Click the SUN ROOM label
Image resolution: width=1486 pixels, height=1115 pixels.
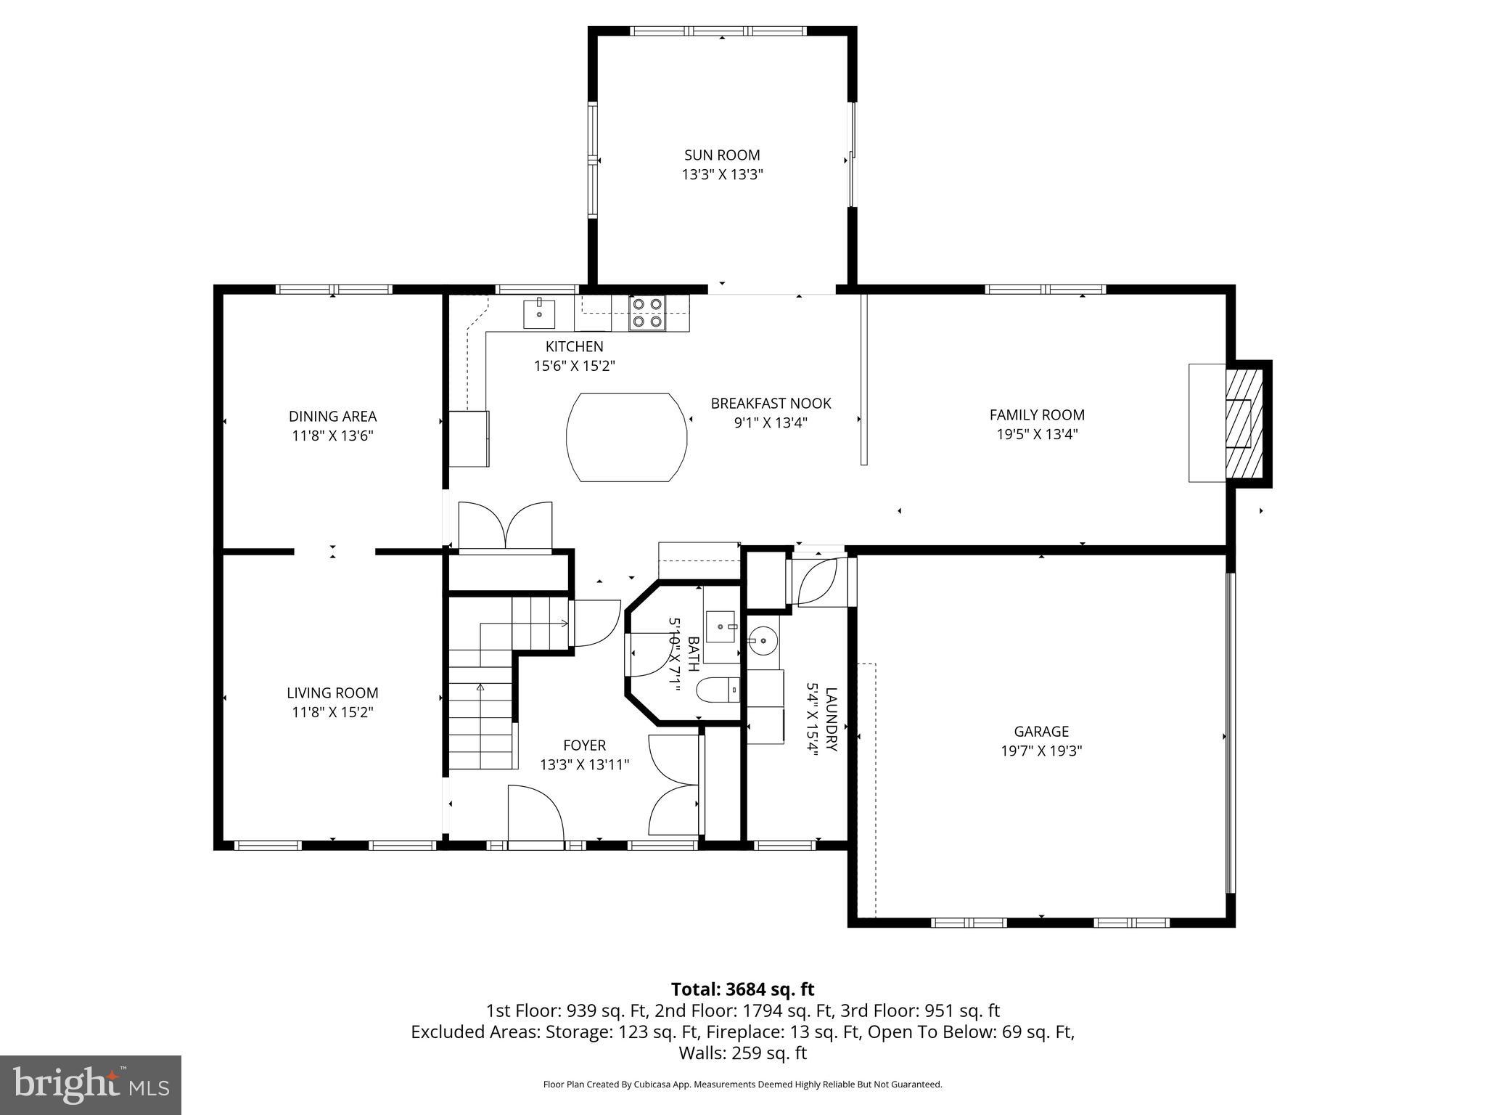click(x=721, y=155)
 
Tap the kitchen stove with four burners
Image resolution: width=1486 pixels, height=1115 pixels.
click(x=646, y=313)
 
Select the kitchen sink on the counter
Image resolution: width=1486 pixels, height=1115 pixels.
click(x=539, y=314)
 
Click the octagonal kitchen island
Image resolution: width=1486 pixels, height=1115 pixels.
click(x=626, y=437)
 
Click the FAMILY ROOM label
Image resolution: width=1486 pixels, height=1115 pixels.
click(x=1037, y=415)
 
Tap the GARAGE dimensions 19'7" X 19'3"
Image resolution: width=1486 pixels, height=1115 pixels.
click(x=1041, y=751)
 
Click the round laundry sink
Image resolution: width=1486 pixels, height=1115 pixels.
click(x=763, y=641)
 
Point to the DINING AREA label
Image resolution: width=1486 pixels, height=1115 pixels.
click(x=332, y=417)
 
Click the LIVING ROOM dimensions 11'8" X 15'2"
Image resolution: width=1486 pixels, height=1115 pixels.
click(x=332, y=712)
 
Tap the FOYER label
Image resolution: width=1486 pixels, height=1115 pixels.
click(x=584, y=746)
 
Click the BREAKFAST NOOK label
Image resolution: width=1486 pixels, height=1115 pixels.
click(x=771, y=404)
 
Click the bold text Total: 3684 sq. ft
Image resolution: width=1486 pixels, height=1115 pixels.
click(x=742, y=989)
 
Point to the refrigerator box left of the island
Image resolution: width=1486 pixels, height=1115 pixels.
click(x=469, y=438)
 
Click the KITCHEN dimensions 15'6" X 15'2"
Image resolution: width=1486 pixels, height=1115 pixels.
click(x=574, y=366)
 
